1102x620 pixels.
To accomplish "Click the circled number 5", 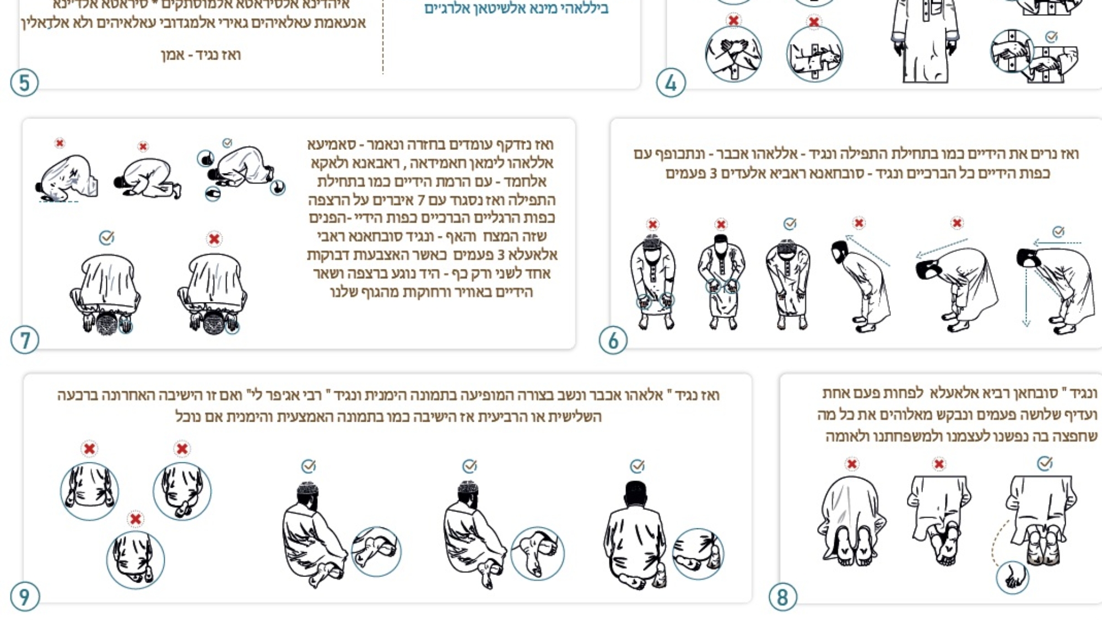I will point(24,83).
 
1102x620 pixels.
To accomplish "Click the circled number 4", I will point(671,83).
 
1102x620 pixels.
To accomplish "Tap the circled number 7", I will point(25,340).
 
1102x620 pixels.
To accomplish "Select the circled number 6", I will point(613,341).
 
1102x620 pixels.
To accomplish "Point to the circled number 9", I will point(24,597).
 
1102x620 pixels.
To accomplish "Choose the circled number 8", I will point(782,597).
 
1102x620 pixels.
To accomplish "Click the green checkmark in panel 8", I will point(1045,463).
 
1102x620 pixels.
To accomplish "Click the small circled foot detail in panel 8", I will point(1012,577).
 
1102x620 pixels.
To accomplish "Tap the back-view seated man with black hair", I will point(636,532).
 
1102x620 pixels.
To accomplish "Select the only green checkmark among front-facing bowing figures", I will point(790,224).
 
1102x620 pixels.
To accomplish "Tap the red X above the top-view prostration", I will point(214,239).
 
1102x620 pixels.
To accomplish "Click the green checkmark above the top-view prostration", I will point(106,238).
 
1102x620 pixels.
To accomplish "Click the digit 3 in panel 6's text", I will point(713,174).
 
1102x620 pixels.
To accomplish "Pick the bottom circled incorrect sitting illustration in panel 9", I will point(136,560).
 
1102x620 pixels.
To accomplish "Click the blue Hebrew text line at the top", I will point(516,9).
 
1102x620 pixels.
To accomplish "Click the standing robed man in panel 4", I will point(926,41).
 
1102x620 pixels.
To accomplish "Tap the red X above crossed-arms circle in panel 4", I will point(733,21).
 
